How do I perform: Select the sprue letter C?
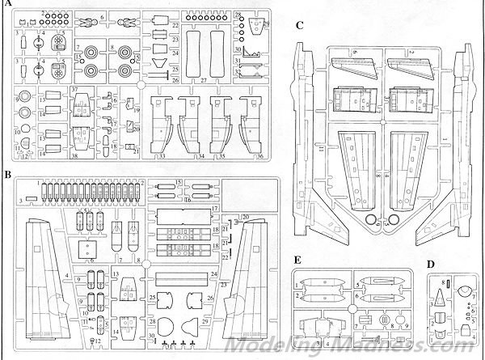coord(299,25)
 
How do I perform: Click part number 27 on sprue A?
coord(204,82)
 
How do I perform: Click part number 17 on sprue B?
coord(216,209)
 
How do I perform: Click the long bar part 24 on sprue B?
coord(183,275)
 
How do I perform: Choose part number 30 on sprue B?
coord(150,335)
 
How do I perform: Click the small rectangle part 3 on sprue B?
coord(31,197)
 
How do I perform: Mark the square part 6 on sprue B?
coord(82,243)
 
